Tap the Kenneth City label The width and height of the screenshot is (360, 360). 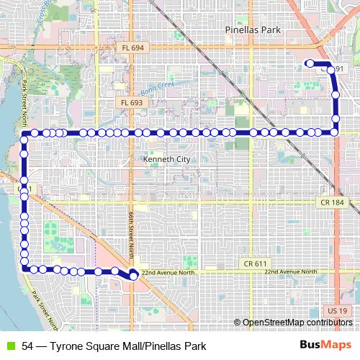pyautogui.click(x=166, y=158)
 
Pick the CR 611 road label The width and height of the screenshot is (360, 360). pyautogui.click(x=256, y=265)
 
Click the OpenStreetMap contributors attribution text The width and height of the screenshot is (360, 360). pyautogui.click(x=296, y=323)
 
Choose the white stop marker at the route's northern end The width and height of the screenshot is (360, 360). pyautogui.click(x=310, y=63)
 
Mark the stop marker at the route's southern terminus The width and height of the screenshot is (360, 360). pyautogui.click(x=133, y=274)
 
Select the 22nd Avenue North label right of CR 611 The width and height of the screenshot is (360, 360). pyautogui.click(x=291, y=272)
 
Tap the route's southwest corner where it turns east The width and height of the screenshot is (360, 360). pyautogui.click(x=25, y=269)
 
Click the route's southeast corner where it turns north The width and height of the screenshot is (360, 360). pyautogui.click(x=336, y=132)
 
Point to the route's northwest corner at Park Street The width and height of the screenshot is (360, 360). pyautogui.click(x=24, y=133)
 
